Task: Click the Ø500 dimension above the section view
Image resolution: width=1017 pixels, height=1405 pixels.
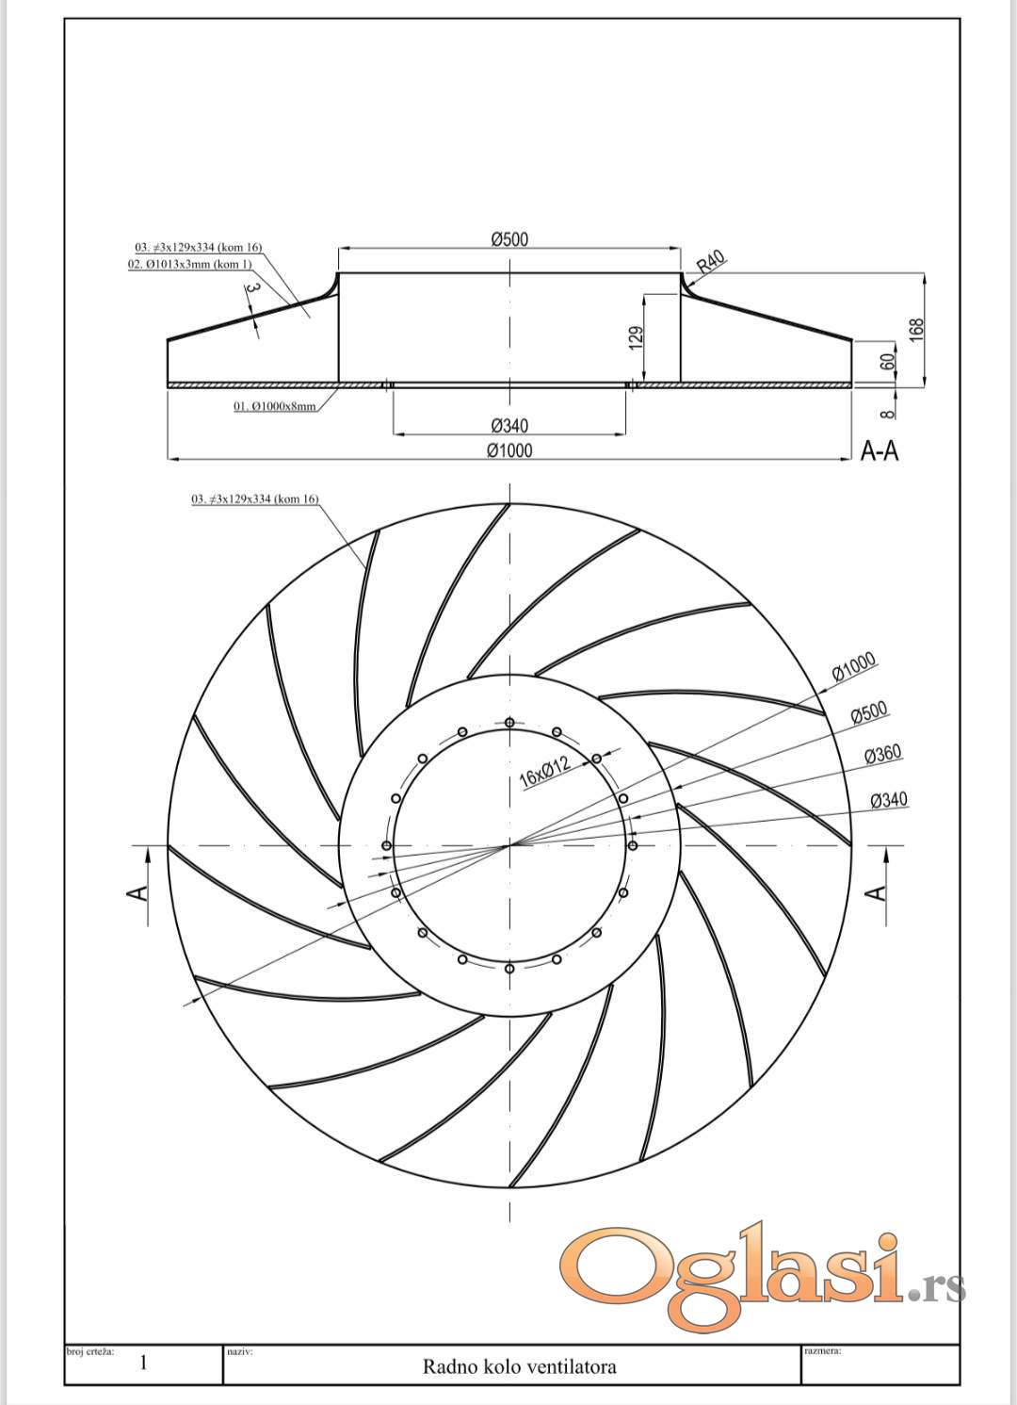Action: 509,239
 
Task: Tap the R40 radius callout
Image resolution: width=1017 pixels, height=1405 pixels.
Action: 711,262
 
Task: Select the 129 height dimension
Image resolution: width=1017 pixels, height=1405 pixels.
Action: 636,338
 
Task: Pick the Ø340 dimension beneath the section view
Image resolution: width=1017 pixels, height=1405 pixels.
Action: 509,426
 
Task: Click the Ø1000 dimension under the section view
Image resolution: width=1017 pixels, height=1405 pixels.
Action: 509,450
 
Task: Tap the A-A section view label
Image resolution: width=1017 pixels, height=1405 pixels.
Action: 880,451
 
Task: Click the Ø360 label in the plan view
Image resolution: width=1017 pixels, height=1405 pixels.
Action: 881,754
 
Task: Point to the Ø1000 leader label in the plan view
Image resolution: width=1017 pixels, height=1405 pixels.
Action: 854,667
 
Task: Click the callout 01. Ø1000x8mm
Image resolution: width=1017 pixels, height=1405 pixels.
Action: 275,406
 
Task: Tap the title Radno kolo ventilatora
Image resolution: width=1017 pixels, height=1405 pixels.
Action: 520,1366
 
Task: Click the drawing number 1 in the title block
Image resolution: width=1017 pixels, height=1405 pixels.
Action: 143,1363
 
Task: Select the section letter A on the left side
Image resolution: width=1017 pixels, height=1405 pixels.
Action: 137,891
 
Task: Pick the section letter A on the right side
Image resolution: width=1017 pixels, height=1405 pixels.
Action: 877,891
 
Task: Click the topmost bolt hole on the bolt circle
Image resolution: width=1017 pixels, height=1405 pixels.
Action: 509,723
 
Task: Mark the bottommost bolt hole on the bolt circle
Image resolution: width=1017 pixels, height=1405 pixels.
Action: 509,969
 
